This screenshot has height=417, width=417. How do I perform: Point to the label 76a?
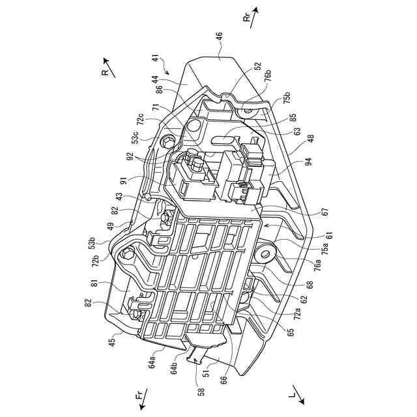[315, 264]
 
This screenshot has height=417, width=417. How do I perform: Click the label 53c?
[135, 139]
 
